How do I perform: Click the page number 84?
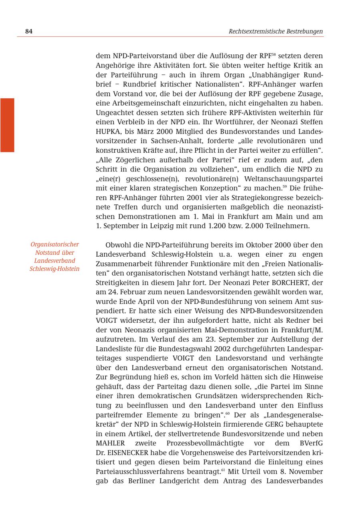[x=28, y=31]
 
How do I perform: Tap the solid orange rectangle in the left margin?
[x=7, y=125]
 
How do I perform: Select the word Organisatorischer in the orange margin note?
[x=54, y=244]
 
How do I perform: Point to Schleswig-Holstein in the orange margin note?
[x=54, y=269]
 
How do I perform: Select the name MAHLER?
[x=110, y=443]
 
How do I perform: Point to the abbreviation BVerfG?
[x=311, y=443]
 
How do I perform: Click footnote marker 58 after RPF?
[x=274, y=54]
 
